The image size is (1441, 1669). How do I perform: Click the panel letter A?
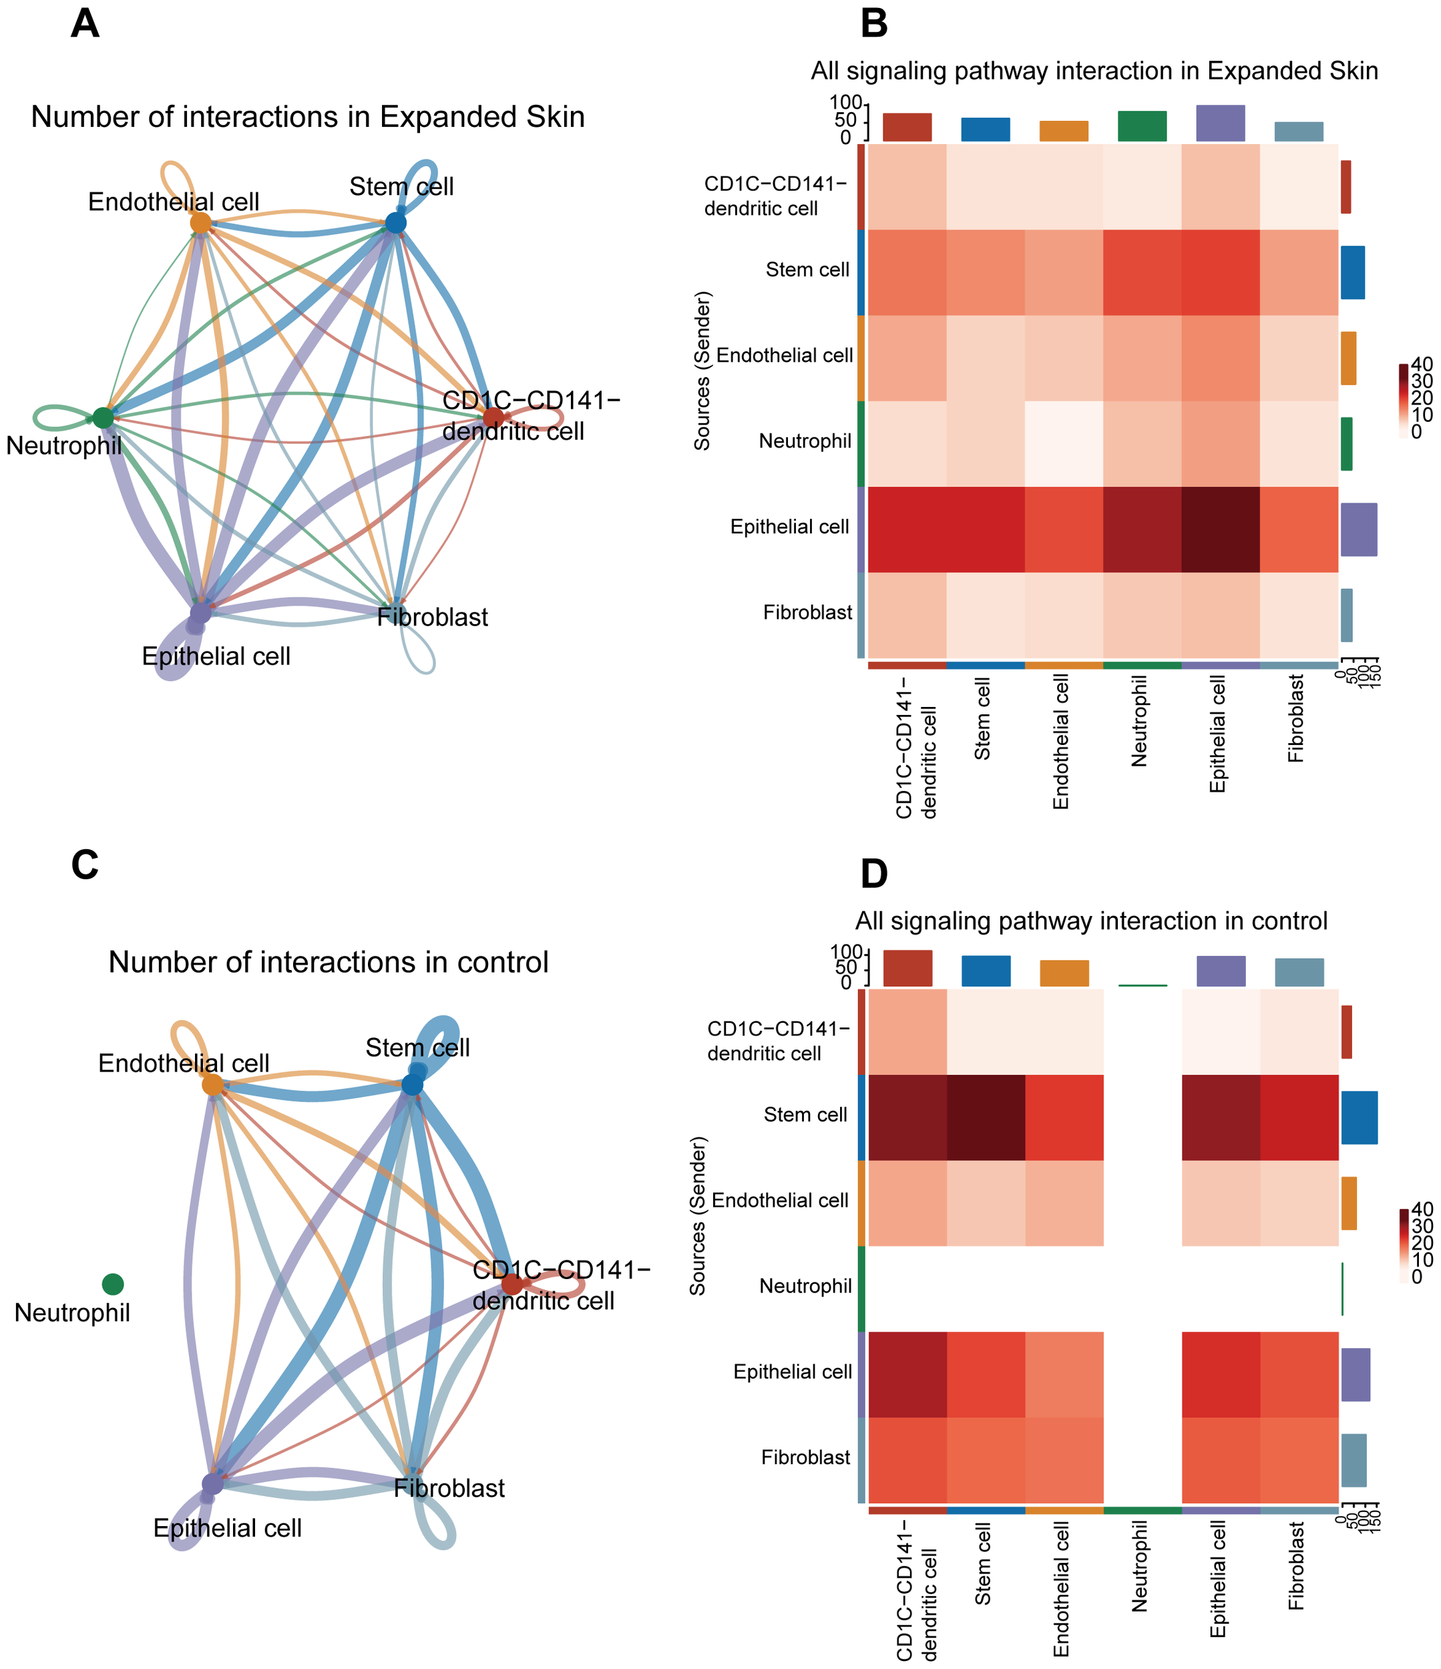[85, 23]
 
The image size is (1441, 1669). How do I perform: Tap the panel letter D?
[874, 874]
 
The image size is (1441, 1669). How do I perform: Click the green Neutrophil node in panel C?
[113, 1284]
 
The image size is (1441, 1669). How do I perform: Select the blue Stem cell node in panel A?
[395, 222]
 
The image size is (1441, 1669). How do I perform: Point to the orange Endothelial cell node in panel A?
[200, 222]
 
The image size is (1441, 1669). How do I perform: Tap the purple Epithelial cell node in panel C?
[212, 1483]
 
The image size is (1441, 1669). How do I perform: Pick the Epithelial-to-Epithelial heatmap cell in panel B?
[1220, 529]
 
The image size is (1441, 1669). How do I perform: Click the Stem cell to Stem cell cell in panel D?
[986, 1118]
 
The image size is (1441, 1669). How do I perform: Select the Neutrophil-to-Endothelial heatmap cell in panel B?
[1064, 444]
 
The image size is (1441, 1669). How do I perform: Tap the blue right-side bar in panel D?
[1359, 1118]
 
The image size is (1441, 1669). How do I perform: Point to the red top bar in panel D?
[907, 967]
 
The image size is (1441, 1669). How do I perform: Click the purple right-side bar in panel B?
[1358, 529]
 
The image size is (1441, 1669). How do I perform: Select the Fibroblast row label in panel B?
[807, 613]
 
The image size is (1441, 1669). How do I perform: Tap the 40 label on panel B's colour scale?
[1422, 365]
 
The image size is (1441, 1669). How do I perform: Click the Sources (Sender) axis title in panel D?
[698, 1216]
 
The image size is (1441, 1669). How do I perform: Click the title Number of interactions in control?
[328, 963]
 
